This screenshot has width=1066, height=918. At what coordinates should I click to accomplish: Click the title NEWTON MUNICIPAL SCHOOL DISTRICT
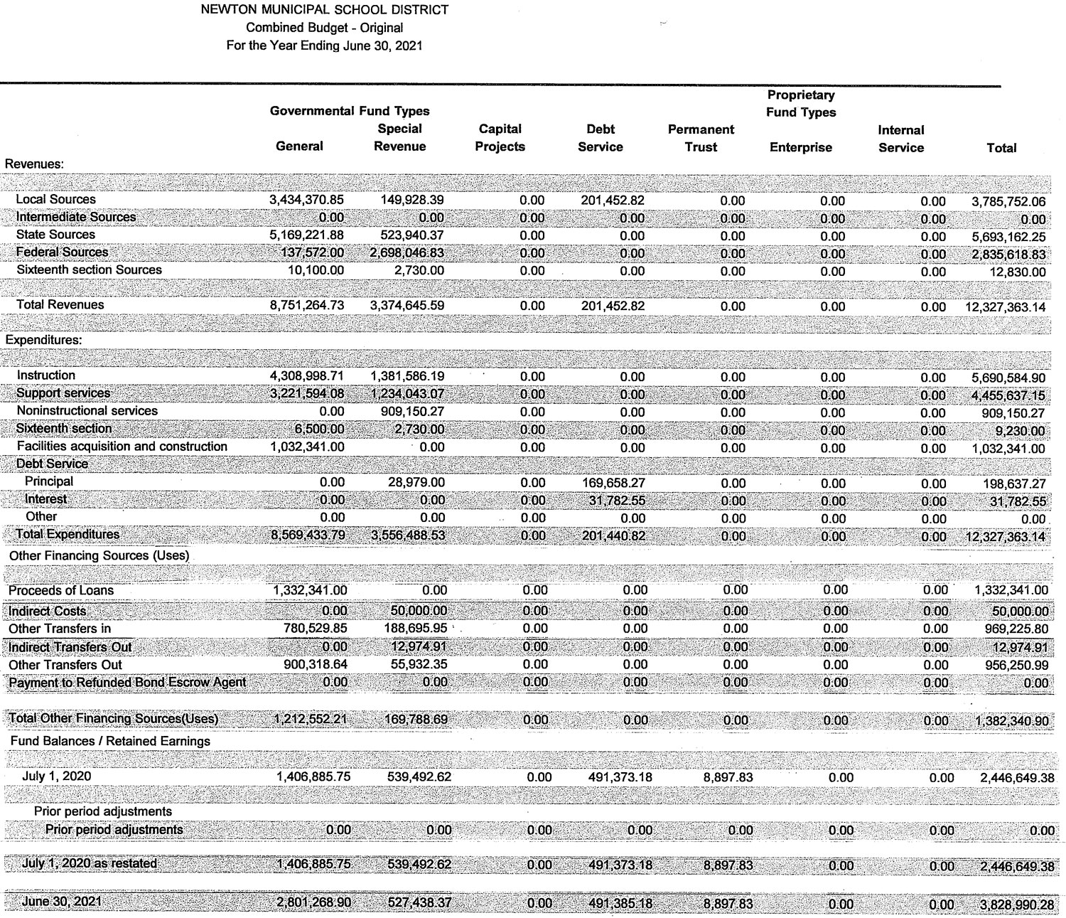coord(325,10)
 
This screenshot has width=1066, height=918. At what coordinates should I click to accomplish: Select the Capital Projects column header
coord(500,138)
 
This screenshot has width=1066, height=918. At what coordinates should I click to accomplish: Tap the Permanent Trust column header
coord(701,139)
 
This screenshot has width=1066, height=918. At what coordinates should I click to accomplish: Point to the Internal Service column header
coord(900,139)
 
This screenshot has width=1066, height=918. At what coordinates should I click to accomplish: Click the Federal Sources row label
coord(62,252)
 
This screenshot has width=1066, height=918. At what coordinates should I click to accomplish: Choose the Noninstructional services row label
coord(87,411)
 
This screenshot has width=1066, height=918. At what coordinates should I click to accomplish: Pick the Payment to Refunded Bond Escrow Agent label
coord(127,683)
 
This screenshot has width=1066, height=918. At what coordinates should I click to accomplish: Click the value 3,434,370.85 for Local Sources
coord(306,201)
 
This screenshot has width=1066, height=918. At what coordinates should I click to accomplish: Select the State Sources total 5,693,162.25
coord(1008,237)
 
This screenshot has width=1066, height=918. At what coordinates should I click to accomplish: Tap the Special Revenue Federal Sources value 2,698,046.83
coord(407,253)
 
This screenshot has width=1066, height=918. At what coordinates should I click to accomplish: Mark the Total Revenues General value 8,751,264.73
coord(306,306)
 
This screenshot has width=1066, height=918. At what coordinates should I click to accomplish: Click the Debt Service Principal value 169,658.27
coord(613,483)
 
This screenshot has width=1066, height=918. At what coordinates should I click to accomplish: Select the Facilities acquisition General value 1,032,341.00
coord(307,447)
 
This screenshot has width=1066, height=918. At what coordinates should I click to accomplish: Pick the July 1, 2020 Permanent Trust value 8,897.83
coord(728,777)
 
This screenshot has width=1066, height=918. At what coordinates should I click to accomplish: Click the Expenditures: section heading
coord(43,340)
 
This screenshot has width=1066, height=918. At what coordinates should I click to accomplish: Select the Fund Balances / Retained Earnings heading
coord(110,741)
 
